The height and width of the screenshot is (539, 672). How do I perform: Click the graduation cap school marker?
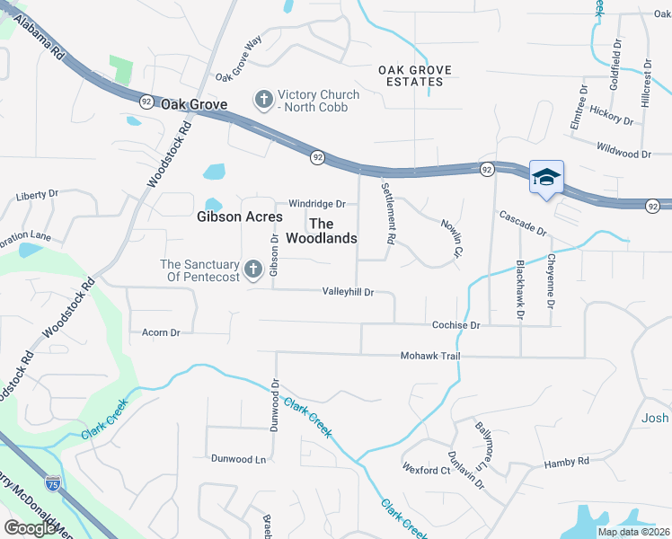546,178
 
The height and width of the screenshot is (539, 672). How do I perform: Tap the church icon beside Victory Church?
264,100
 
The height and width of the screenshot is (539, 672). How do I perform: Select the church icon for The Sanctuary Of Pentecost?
252,269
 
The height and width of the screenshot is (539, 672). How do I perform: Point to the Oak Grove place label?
194,105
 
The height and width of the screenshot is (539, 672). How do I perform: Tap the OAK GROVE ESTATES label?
414,75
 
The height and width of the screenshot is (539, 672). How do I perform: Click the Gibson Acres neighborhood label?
239,216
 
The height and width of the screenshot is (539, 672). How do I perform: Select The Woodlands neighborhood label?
322,231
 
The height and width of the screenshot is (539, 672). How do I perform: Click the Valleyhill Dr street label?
348,292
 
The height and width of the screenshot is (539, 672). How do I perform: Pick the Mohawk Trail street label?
429,357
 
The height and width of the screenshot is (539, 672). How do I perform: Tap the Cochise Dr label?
455,324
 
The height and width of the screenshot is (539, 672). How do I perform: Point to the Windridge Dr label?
316,204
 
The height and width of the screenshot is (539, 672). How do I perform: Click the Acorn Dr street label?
161,332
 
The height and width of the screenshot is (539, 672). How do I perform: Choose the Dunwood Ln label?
239,458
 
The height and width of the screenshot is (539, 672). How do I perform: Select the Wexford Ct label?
426,470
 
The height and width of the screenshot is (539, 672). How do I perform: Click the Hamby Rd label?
566,462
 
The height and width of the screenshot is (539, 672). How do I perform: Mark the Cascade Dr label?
523,223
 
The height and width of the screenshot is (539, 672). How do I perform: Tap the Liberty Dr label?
37,194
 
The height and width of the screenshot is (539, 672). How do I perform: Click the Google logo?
31,528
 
